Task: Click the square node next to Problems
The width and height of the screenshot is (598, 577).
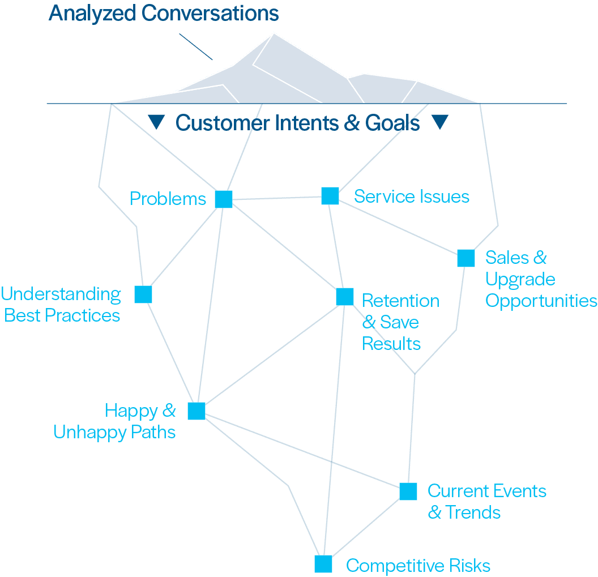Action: pos(224,199)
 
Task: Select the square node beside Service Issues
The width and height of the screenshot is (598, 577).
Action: pos(330,196)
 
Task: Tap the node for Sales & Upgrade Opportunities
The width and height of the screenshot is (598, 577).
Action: pos(466,258)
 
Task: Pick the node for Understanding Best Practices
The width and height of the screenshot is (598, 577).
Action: pos(143,294)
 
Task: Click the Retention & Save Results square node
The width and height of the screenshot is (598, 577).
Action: pos(345,297)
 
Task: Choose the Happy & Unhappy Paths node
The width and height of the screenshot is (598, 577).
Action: pos(197,411)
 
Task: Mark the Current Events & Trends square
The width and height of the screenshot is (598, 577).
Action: pos(408,491)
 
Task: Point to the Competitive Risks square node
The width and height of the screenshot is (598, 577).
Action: pos(323,564)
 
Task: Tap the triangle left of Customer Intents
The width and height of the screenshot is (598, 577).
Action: pos(156,121)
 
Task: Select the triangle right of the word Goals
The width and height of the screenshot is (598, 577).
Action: pos(440,121)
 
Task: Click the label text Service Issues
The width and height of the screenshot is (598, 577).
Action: pos(412,196)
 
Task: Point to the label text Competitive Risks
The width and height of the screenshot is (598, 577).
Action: pos(418,565)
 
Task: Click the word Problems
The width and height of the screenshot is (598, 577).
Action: pos(168,199)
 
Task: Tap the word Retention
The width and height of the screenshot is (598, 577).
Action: pos(400,301)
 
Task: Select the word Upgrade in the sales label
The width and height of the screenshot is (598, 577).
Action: pos(520,280)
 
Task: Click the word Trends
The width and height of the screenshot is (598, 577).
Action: pos(472,512)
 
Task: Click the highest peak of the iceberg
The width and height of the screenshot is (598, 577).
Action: pos(274,34)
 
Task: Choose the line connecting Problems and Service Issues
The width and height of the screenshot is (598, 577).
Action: pos(277,198)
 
